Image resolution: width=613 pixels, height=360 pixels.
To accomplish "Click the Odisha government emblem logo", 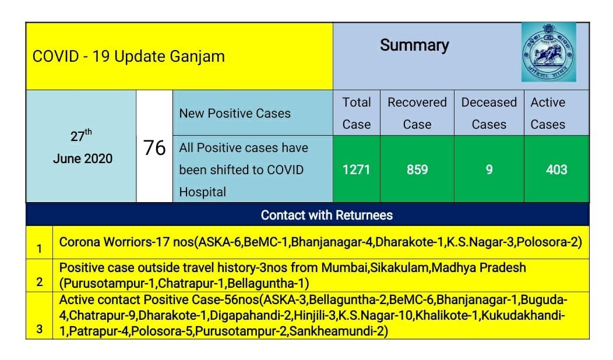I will (548, 52).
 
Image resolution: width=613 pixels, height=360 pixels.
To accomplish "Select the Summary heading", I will (414, 45).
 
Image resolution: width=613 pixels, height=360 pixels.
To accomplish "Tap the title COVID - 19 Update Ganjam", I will (129, 57).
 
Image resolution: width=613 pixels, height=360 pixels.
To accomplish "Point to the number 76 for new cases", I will (154, 147).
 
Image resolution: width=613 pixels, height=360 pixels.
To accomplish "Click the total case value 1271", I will (357, 170).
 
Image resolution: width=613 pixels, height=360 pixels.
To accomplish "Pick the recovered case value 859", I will (417, 170).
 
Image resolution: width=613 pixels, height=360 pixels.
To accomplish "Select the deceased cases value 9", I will (489, 170).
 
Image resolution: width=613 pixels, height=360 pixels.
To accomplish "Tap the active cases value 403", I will (556, 170).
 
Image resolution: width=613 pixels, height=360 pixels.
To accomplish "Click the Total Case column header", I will (357, 113).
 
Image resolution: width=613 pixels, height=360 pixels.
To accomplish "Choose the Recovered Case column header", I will (417, 113).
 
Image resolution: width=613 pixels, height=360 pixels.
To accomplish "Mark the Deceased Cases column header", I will (489, 113).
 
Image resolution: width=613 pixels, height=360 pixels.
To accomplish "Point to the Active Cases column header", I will (548, 113).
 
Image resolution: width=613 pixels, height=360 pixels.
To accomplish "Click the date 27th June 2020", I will (82, 147).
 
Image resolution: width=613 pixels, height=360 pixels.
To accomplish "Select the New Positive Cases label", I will (235, 114).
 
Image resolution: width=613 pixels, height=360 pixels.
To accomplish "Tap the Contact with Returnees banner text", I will (326, 215).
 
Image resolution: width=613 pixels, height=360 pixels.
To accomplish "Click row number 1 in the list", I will (39, 249).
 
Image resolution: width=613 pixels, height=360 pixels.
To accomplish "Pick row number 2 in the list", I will (39, 283).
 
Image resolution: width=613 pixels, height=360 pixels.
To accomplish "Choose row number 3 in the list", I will (39, 329).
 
